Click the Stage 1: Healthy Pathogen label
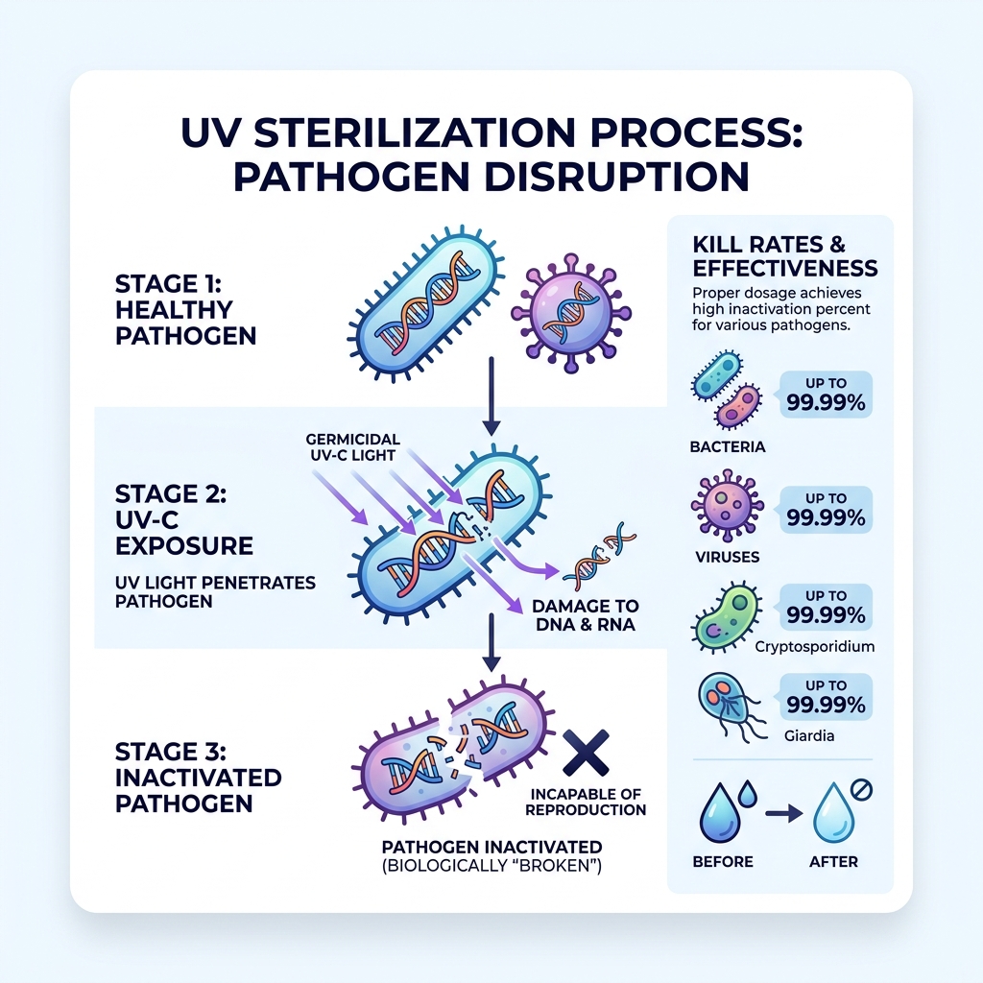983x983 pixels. coord(174,310)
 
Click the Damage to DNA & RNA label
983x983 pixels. coord(586,615)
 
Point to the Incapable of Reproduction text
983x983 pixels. coord(587,803)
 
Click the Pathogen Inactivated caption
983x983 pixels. coord(491,855)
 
